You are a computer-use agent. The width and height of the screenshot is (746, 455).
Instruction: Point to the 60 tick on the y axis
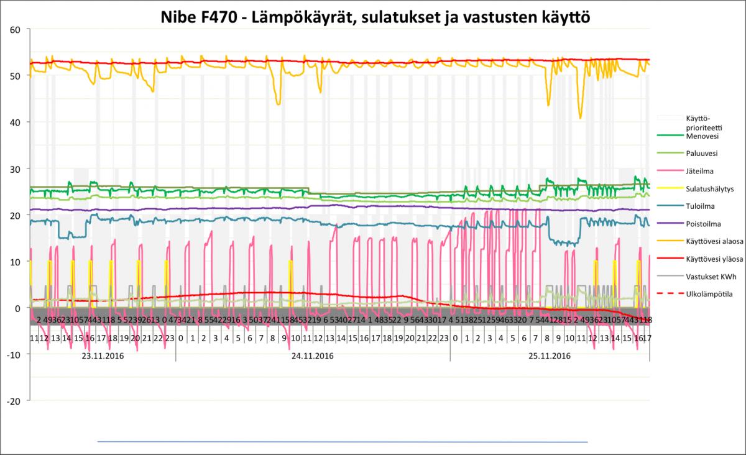pos(16,29)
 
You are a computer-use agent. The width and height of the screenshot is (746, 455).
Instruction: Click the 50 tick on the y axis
pos(16,76)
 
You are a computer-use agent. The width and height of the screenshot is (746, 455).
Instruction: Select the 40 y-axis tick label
pos(16,122)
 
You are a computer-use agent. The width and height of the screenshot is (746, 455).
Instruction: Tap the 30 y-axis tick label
pos(16,168)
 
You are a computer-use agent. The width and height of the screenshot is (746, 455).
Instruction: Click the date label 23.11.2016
pos(103,356)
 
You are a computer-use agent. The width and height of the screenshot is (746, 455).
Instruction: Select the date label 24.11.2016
pos(313,356)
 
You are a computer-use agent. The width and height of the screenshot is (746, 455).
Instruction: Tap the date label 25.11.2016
pos(550,356)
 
